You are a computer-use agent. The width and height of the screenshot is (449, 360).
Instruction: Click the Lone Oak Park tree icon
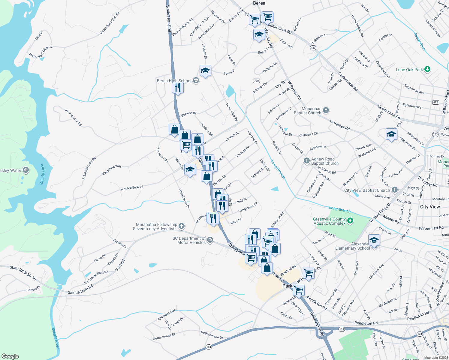click(x=427, y=69)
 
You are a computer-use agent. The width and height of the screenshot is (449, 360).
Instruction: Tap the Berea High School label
click(x=174, y=81)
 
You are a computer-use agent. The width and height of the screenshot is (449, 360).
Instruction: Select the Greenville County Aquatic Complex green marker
click(x=350, y=221)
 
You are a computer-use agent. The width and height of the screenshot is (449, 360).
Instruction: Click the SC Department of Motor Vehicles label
click(x=189, y=240)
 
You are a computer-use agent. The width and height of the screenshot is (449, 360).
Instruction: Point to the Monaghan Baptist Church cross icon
click(x=326, y=111)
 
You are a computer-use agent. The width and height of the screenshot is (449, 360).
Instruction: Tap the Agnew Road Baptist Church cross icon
click(x=306, y=161)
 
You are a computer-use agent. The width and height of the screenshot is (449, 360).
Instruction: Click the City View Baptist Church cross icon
click(x=394, y=190)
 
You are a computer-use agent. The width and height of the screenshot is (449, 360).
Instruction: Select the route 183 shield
click(x=313, y=48)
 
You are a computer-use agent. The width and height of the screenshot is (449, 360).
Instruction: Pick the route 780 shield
click(x=256, y=81)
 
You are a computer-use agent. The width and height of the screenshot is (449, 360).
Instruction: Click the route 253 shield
click(x=435, y=134)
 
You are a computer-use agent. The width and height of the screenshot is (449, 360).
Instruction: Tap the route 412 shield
click(x=435, y=102)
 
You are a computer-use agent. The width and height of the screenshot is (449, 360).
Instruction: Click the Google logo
click(x=10, y=356)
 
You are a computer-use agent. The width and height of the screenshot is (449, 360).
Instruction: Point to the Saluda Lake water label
click(x=42, y=174)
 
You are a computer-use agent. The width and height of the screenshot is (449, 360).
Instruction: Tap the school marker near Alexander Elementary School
click(x=374, y=240)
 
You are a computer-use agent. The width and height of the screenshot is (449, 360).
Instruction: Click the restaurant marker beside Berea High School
click(x=178, y=88)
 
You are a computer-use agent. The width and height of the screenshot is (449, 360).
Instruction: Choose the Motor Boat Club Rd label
click(x=110, y=23)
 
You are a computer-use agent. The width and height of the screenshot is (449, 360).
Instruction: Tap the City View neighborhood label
click(x=430, y=207)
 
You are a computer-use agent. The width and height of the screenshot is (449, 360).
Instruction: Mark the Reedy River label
click(x=420, y=42)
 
